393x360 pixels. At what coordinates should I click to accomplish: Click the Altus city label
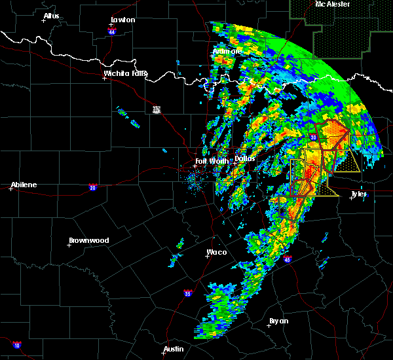(51, 16)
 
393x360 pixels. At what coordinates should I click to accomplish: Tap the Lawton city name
(122, 20)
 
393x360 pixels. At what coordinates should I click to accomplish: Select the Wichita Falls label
(125, 74)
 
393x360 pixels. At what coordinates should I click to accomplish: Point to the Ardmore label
(227, 52)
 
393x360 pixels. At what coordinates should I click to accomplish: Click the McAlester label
(332, 5)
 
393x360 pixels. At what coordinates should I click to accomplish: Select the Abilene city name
(23, 185)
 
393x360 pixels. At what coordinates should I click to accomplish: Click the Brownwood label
(88, 241)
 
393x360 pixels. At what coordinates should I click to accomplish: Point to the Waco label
(216, 252)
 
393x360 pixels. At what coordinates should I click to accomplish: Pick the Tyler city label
(358, 194)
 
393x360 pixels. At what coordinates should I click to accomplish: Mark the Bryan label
(278, 321)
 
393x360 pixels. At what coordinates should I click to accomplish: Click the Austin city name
(174, 349)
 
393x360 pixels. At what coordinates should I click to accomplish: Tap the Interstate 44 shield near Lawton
(112, 31)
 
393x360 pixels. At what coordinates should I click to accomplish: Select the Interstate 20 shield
(92, 187)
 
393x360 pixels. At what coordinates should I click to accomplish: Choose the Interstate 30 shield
(313, 137)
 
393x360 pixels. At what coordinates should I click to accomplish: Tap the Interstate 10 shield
(16, 344)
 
